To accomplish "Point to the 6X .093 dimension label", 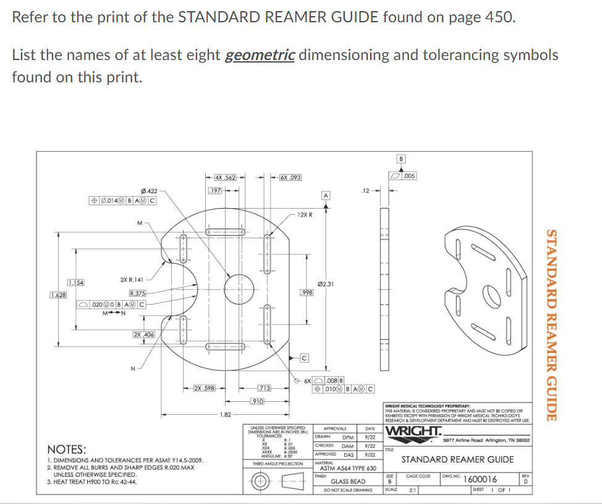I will (290, 178).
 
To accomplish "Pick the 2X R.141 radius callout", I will (132, 280).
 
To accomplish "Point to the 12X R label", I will (305, 214).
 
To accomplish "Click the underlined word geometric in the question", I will (260, 55).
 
